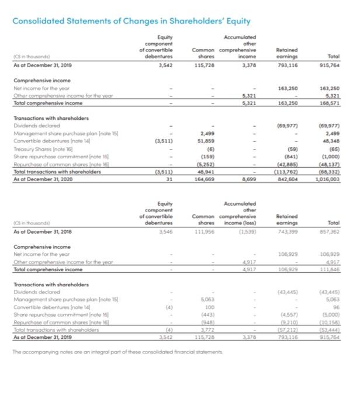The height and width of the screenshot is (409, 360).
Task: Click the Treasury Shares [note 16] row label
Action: tap(41, 150)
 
